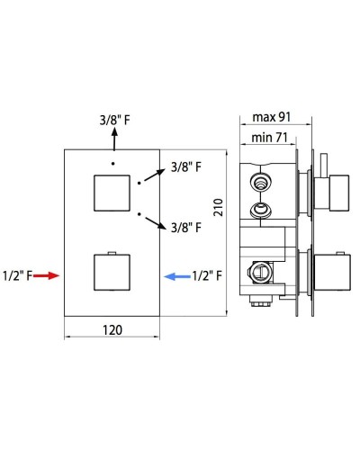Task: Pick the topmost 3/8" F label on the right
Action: pos(185,166)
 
